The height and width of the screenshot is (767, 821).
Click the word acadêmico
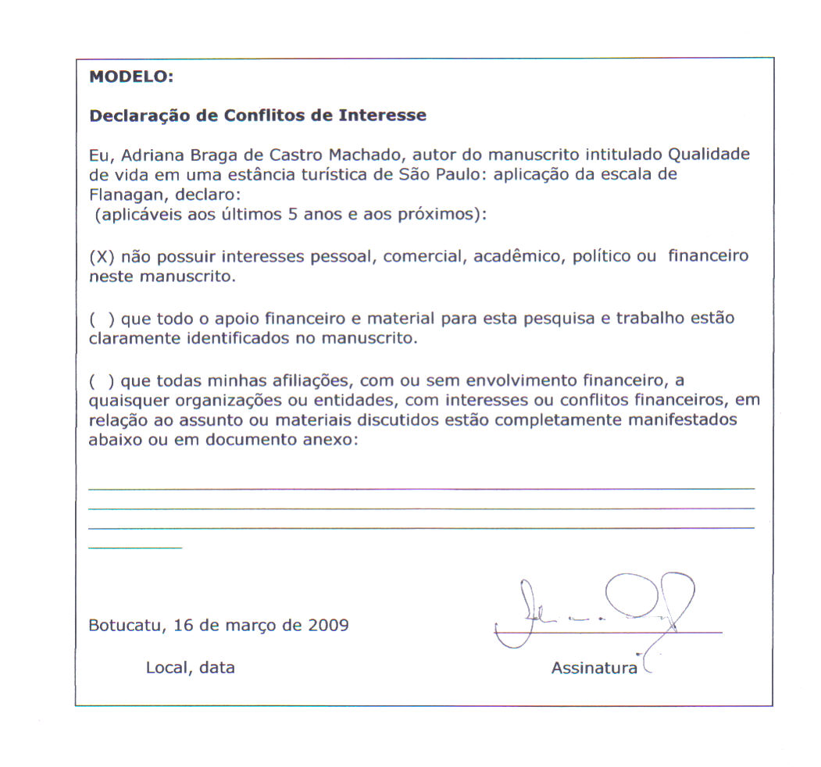pos(516,257)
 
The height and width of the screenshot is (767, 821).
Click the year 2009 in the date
pos(328,626)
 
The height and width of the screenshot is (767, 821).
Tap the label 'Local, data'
pos(190,668)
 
